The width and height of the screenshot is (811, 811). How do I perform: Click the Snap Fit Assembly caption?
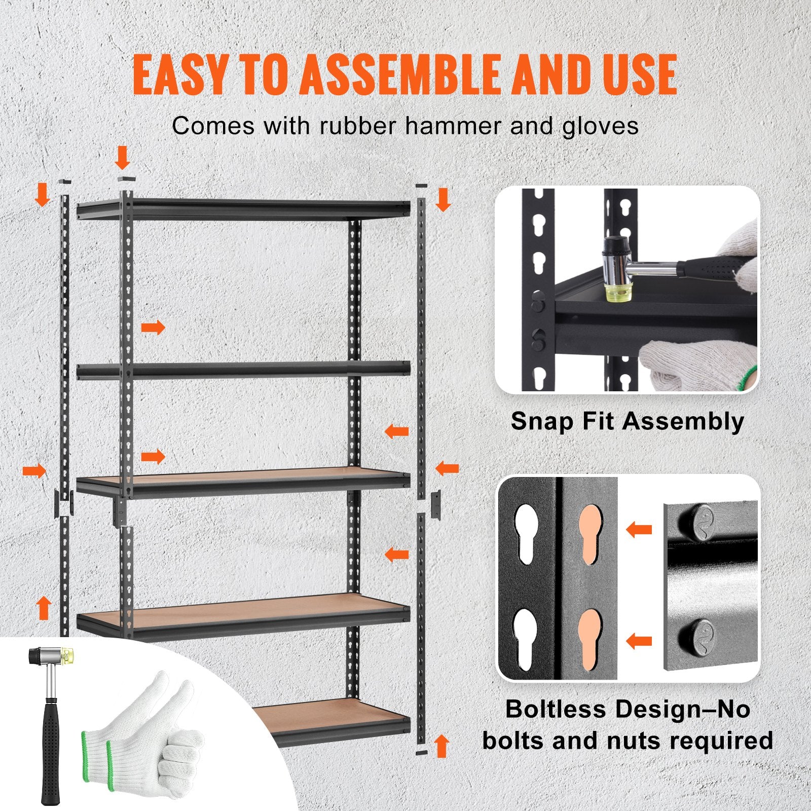(x=627, y=421)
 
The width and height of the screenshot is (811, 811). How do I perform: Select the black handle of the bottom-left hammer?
(x=51, y=750)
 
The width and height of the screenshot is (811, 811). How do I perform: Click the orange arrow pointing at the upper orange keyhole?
(x=639, y=530)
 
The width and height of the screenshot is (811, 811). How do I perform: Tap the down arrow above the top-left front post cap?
(x=122, y=158)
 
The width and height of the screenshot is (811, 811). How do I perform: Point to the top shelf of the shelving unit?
(x=243, y=208)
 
